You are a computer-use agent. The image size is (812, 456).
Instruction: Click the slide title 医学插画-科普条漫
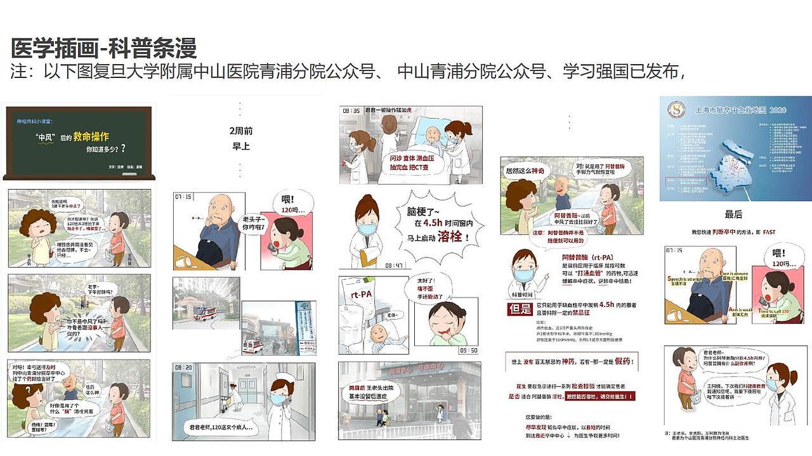tap(104, 48)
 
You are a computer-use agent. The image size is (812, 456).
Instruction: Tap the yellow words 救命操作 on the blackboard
tap(91, 136)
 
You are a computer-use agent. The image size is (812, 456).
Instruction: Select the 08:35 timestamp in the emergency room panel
tap(351, 110)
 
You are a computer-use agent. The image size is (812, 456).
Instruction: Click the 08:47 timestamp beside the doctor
tap(393, 265)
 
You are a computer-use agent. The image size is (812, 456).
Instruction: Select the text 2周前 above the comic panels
tap(240, 131)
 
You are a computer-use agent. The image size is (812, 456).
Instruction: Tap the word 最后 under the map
tap(733, 214)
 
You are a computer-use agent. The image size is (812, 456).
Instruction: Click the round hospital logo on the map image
tap(676, 110)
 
